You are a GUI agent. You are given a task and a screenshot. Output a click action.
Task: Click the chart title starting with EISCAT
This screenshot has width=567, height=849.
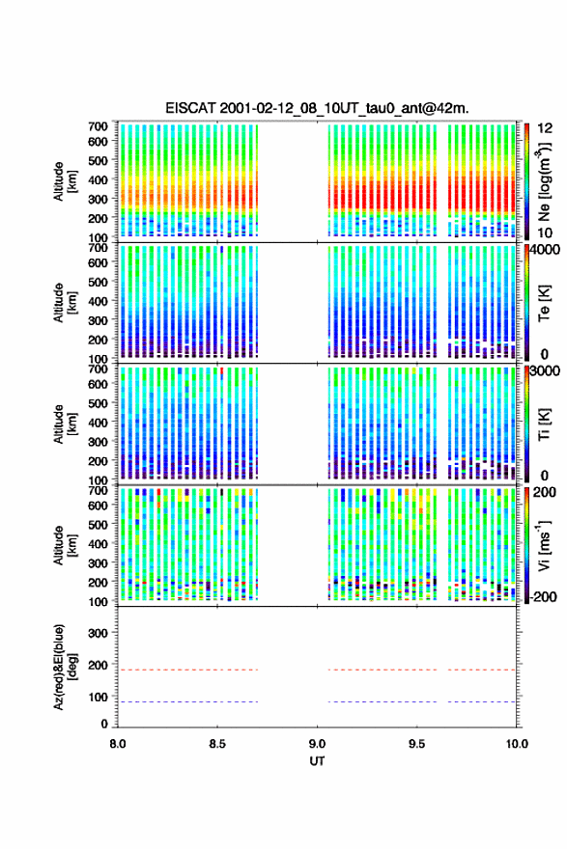[317, 108]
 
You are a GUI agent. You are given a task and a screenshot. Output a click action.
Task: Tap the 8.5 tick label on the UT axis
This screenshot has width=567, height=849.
[217, 744]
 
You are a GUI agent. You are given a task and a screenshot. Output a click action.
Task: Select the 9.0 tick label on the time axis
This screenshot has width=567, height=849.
[317, 744]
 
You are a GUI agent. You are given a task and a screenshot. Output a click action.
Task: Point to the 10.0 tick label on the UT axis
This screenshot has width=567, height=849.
[517, 744]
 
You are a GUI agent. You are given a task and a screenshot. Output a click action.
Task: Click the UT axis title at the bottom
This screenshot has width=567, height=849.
[317, 761]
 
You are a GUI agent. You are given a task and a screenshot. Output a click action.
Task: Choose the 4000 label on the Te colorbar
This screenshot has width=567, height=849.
[546, 251]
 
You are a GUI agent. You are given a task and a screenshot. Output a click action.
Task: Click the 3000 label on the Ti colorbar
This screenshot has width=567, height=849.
[546, 370]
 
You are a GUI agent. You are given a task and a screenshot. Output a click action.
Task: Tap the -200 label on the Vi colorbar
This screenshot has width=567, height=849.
[543, 596]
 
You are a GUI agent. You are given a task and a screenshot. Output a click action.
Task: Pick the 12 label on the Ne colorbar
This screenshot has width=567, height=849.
[546, 128]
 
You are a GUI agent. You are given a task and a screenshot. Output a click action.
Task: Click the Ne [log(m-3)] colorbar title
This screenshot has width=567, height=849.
[544, 181]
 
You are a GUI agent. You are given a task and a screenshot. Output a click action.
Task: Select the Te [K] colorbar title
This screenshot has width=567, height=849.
[544, 303]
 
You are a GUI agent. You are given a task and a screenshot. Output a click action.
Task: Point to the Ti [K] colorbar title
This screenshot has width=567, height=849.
[544, 424]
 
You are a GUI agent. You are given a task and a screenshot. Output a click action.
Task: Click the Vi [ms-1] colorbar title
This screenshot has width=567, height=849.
[544, 545]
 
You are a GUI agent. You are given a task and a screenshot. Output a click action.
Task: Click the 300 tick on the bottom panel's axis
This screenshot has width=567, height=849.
[98, 633]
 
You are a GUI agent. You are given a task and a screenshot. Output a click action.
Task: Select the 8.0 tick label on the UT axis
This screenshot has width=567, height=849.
[118, 744]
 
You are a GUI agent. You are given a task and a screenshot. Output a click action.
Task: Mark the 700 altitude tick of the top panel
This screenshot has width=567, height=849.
[98, 126]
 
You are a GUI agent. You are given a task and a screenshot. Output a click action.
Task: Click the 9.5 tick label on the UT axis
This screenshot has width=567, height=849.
[417, 744]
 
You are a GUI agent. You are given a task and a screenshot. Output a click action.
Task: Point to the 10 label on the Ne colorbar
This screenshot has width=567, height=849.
[546, 233]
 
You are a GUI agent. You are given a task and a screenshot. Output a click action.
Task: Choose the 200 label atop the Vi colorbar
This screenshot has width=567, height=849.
[544, 492]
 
